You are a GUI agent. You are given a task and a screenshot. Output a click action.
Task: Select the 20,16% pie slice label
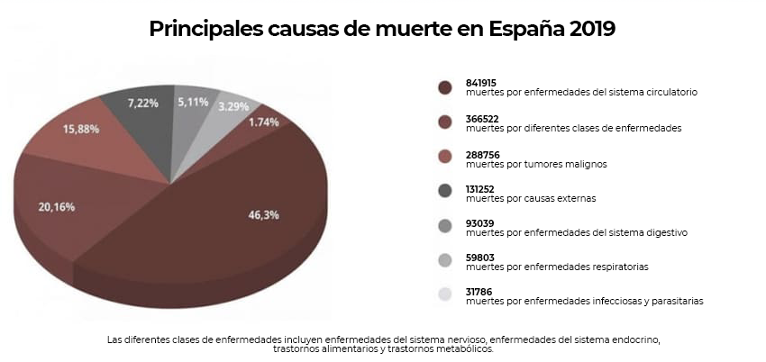pos(58,206)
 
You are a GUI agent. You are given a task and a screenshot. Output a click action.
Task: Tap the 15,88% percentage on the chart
pos(80,129)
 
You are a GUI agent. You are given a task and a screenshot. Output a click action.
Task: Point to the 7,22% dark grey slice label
pos(143,104)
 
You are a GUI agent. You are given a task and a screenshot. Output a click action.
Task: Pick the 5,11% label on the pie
pos(193,103)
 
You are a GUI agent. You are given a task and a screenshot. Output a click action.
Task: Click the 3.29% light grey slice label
pos(233,106)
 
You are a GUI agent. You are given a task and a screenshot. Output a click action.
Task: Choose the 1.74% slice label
pos(264,122)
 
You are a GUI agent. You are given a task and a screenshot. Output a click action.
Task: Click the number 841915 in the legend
pos(483,83)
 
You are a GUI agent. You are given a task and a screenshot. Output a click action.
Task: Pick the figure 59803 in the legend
pos(480,258)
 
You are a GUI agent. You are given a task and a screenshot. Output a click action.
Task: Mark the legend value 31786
pos(480,293)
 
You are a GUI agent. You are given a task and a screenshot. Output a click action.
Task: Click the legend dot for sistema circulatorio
pos(444,87)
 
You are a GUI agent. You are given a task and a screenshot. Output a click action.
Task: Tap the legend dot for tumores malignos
pos(444,158)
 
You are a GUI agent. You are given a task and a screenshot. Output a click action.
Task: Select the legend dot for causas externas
pos(444,192)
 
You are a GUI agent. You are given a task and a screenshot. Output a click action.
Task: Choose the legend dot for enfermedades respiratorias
pos(444,261)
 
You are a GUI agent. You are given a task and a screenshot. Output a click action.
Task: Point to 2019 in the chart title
pos(592,29)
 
